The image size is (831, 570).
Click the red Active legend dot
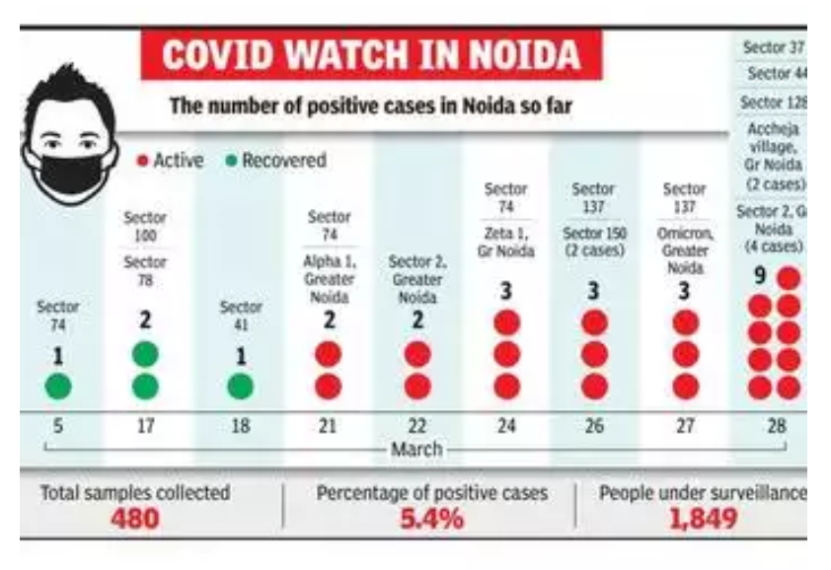click(x=142, y=161)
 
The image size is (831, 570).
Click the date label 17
click(x=144, y=427)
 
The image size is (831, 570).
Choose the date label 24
click(x=505, y=427)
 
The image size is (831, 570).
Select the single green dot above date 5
click(x=59, y=386)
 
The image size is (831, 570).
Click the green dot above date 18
click(x=240, y=386)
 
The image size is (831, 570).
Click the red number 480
click(x=134, y=518)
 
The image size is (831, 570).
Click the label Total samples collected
click(x=134, y=492)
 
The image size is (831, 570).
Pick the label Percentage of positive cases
click(x=431, y=492)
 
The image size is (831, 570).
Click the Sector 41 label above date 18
click(x=240, y=317)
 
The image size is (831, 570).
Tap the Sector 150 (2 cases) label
click(x=593, y=242)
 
